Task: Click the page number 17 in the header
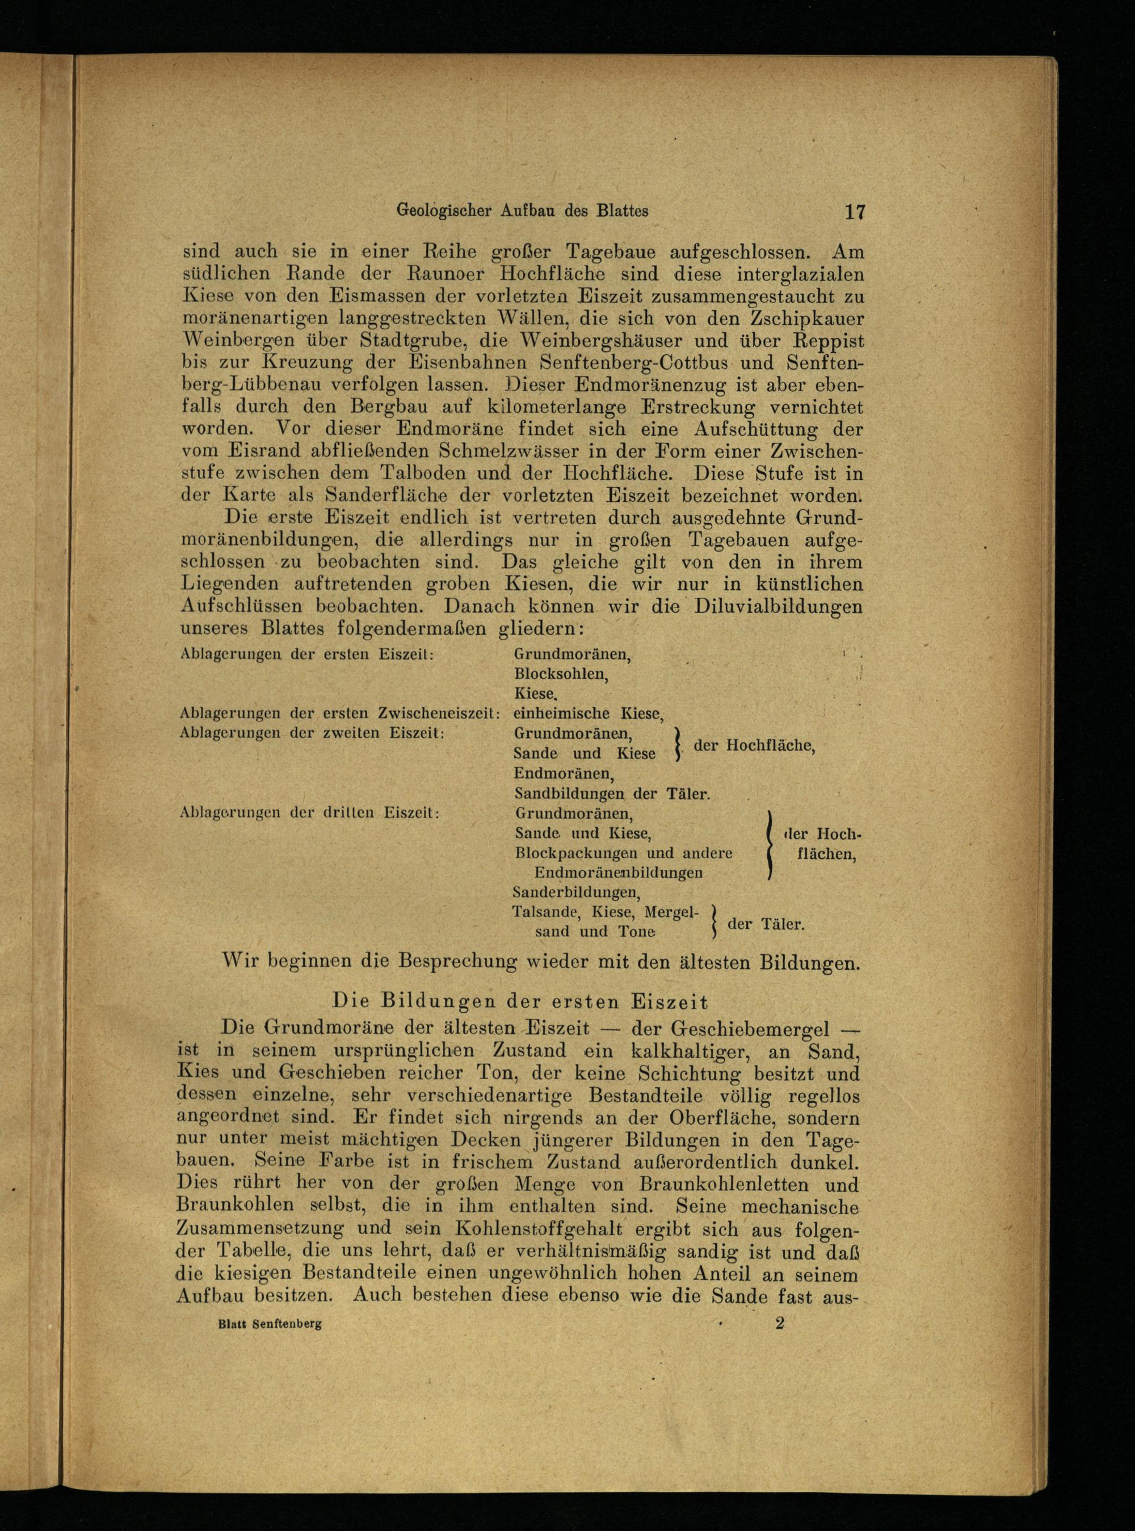854,211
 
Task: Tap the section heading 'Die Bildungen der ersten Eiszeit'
519,1000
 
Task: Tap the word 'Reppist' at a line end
822,341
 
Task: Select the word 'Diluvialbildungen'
777,607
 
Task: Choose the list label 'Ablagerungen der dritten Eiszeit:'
309,812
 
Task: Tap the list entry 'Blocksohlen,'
561,674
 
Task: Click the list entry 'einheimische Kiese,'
588,714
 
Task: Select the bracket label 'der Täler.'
766,924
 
